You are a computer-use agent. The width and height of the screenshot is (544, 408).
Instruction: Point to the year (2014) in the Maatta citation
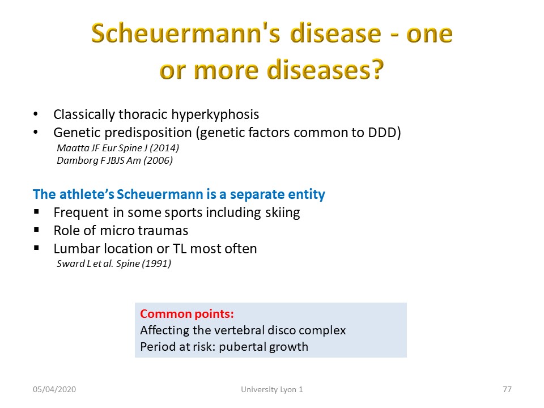click(164, 148)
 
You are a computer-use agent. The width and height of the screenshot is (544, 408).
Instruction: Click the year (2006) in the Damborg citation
click(158, 160)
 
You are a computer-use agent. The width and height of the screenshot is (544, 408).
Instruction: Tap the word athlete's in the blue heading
click(87, 194)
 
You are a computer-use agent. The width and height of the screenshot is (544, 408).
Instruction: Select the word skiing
click(282, 212)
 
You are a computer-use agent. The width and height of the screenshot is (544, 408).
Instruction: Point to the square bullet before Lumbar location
click(36, 248)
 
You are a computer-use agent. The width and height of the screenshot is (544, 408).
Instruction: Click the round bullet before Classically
click(36, 114)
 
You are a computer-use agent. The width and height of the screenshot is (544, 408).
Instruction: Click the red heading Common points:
click(187, 314)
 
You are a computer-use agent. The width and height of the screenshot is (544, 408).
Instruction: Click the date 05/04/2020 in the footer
click(54, 390)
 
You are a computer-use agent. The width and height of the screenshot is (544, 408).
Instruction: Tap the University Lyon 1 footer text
click(272, 390)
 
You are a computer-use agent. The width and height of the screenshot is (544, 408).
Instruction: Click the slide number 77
click(507, 390)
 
